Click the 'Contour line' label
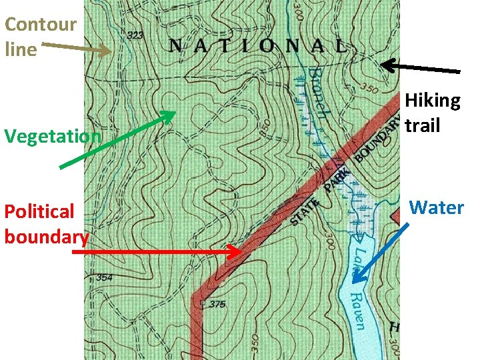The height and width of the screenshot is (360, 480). click(x=40, y=37)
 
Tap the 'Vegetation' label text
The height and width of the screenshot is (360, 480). click(x=53, y=136)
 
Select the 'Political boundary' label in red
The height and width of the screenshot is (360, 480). click(x=45, y=224)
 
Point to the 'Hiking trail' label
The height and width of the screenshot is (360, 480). click(x=433, y=113)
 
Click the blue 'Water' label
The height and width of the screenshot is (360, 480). click(x=436, y=207)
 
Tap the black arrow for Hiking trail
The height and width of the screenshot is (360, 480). click(x=420, y=67)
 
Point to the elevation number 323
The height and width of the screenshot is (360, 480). click(x=135, y=35)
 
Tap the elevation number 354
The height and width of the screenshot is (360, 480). click(x=104, y=277)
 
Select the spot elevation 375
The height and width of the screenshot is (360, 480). click(x=216, y=304)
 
